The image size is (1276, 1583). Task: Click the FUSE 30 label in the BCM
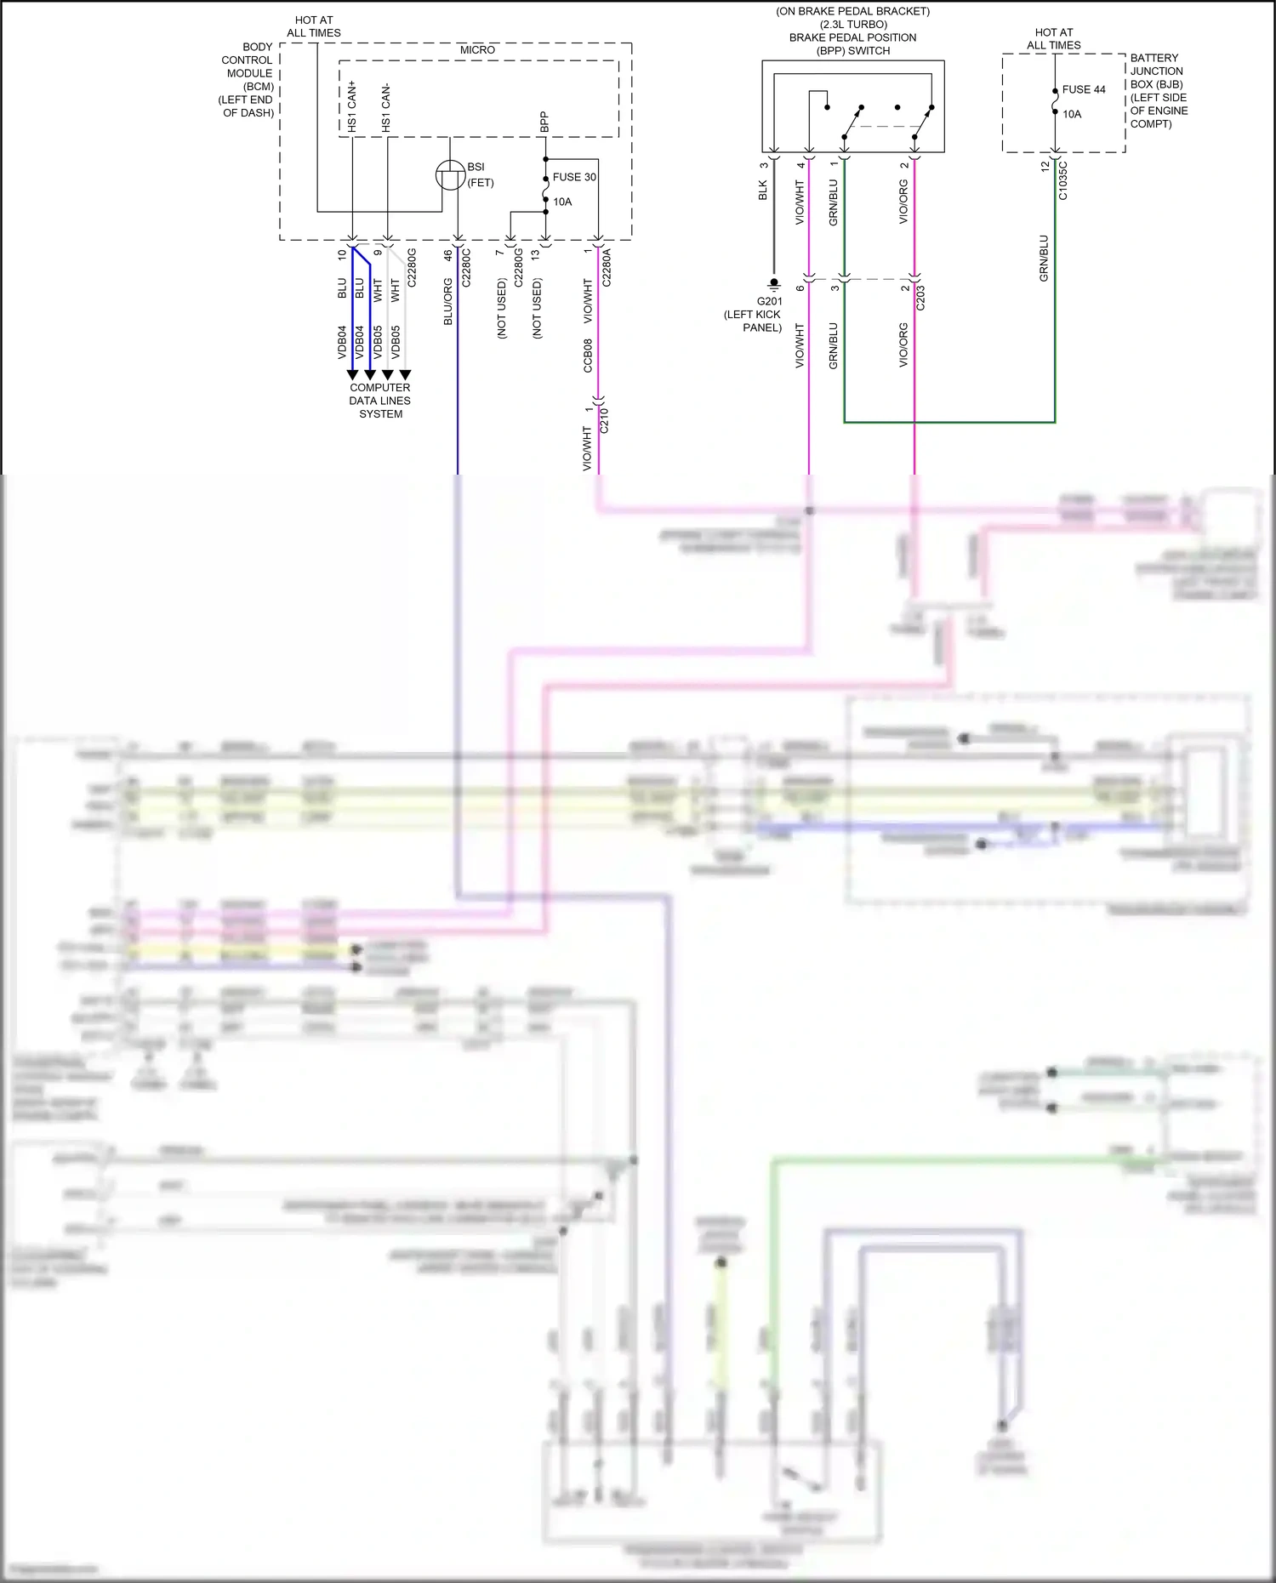[x=574, y=177]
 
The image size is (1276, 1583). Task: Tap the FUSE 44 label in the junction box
[x=1083, y=89]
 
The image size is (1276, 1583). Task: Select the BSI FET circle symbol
[x=450, y=175]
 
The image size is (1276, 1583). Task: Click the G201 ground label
[x=769, y=301]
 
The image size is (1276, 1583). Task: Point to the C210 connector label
[x=605, y=420]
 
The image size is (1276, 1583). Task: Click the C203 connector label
[x=920, y=298]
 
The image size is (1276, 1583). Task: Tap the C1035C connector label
[x=1062, y=180]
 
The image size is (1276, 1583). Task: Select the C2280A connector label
[x=607, y=267]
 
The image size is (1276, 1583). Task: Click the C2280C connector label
[x=466, y=267]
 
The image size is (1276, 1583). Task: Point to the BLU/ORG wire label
[x=448, y=302]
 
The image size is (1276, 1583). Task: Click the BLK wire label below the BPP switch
[x=763, y=190]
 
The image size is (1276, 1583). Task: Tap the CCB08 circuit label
[x=588, y=356]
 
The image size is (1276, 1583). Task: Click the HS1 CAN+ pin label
[x=352, y=106]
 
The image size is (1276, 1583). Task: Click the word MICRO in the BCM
[x=477, y=50]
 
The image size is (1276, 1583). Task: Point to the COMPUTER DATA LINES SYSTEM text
[x=380, y=401]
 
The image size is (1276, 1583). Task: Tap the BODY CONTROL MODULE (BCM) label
[x=248, y=80]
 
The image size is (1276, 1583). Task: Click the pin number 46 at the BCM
[x=448, y=254]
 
